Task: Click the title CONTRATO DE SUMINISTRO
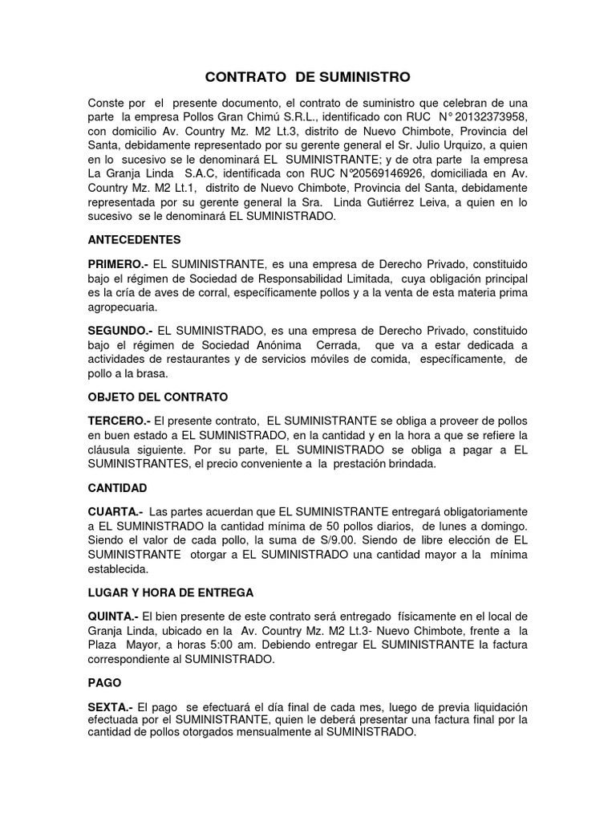(308, 77)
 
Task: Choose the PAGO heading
(104, 683)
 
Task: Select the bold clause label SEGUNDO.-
(121, 330)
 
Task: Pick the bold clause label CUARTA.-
(116, 511)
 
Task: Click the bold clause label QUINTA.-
(115, 616)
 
